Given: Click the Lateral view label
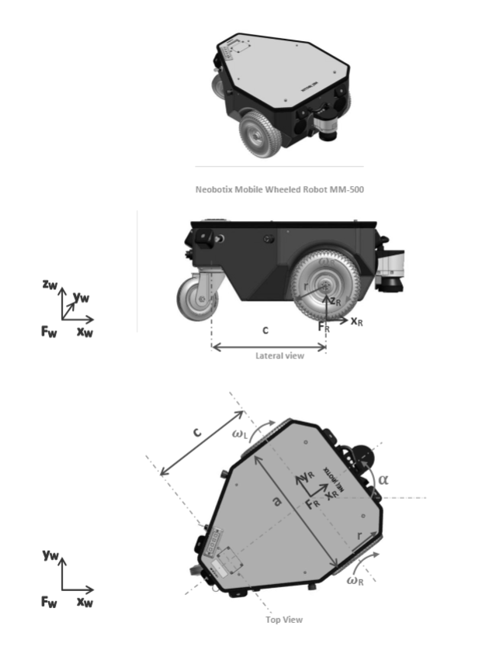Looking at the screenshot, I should (x=279, y=355).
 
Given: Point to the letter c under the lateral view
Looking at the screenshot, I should (x=265, y=330).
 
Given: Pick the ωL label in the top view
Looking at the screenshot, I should (x=241, y=435).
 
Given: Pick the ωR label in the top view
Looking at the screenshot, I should (x=356, y=581).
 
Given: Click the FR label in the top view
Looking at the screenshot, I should (x=313, y=504).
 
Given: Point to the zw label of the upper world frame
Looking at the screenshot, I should (x=49, y=285).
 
